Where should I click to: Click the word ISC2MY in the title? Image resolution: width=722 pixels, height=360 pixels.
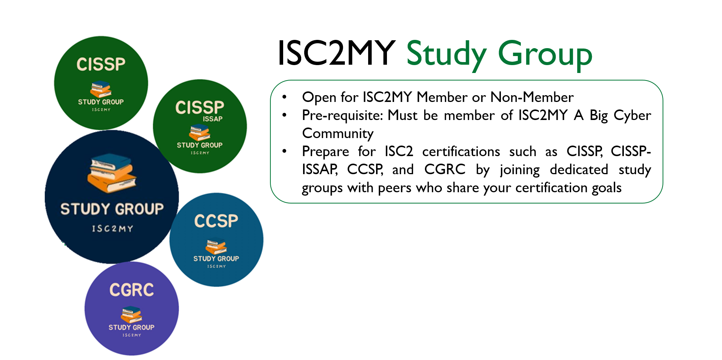pyautogui.click(x=336, y=53)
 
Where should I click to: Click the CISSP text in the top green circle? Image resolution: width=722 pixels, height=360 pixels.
pyautogui.click(x=101, y=64)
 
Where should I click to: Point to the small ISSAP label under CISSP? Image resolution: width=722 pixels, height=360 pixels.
pyautogui.click(x=213, y=119)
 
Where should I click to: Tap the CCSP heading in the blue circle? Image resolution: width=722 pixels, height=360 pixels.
pyautogui.click(x=216, y=221)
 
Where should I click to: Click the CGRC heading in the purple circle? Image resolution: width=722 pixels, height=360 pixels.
pyautogui.click(x=132, y=290)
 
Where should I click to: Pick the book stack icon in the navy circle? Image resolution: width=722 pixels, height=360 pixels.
pyautogui.click(x=112, y=173)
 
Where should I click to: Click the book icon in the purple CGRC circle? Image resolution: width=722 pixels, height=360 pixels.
pyautogui.click(x=131, y=314)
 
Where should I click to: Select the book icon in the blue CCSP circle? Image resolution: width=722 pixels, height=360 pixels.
pyautogui.click(x=216, y=246)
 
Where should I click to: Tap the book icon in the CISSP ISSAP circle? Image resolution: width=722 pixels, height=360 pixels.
pyautogui.click(x=200, y=132)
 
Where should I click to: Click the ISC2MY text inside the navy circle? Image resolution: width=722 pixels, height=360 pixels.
pyautogui.click(x=112, y=229)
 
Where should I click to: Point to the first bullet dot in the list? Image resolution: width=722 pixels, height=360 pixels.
pyautogui.click(x=285, y=97)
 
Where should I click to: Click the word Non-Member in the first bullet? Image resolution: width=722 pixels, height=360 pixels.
pyautogui.click(x=532, y=97)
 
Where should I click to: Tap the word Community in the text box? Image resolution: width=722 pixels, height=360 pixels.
pyautogui.click(x=338, y=134)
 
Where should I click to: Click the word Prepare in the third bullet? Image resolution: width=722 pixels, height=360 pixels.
pyautogui.click(x=326, y=152)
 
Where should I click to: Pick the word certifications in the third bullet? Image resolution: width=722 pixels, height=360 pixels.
pyautogui.click(x=461, y=151)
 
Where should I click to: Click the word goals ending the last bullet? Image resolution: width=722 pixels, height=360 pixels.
pyautogui.click(x=607, y=188)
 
